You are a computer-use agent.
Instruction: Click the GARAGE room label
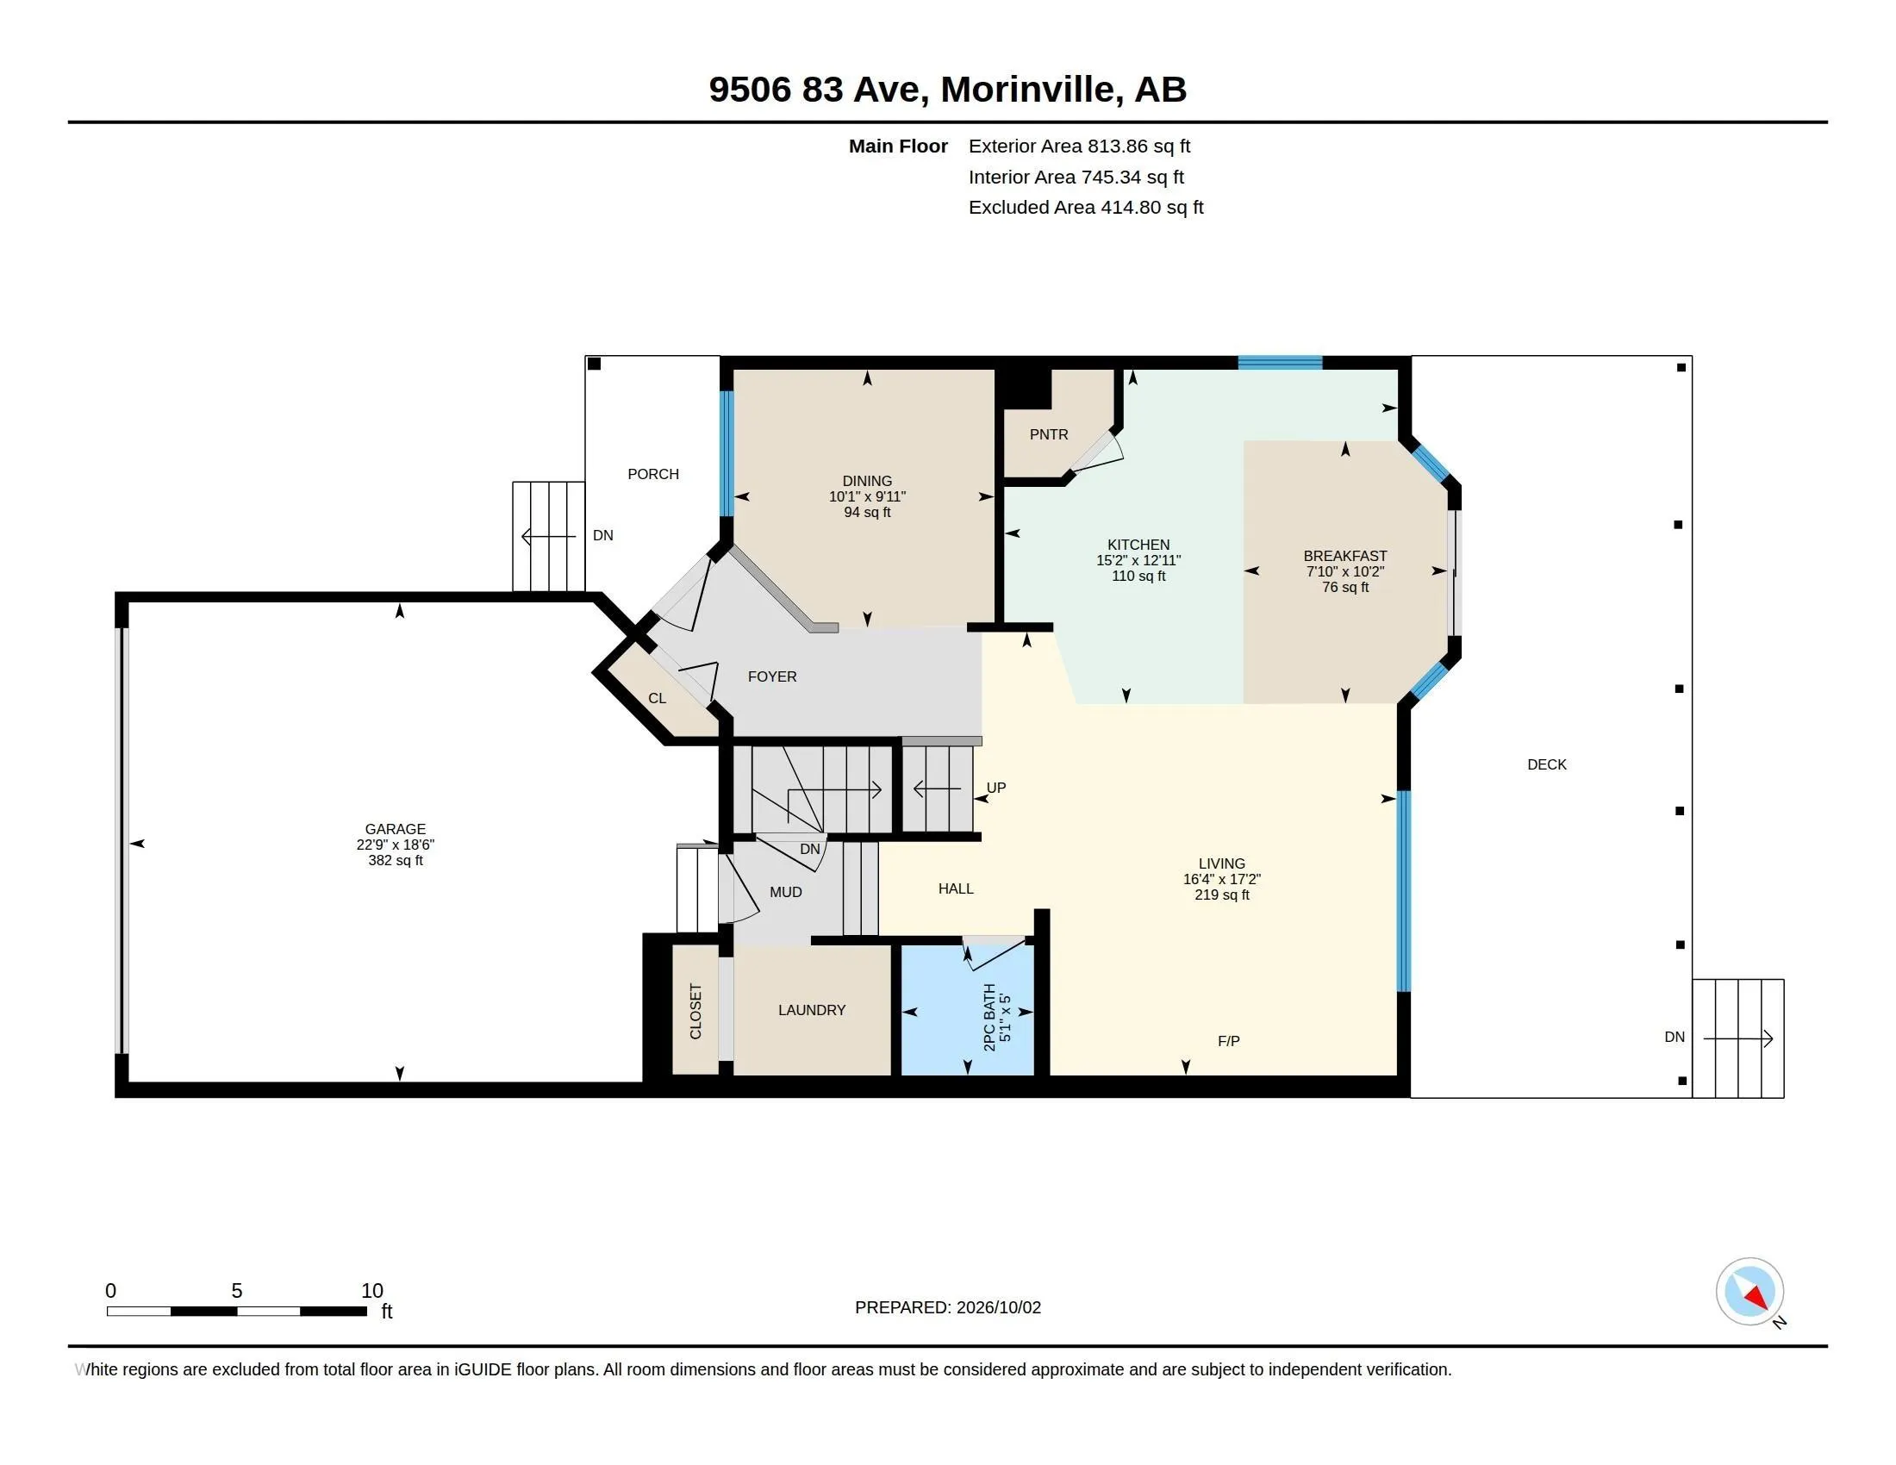coord(395,829)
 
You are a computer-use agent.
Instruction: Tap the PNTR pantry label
coord(1049,434)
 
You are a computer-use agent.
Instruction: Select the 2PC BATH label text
coord(989,1018)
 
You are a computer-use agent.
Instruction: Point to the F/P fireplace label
coord(1228,1041)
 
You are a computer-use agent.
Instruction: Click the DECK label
coord(1547,764)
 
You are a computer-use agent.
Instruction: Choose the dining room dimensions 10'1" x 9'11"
coord(867,496)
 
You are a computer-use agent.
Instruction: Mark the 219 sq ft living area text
coord(1221,895)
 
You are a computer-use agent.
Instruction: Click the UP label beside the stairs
coord(995,788)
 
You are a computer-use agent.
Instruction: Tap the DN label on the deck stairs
coord(1675,1037)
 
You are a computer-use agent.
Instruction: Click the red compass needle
coord(1757,1298)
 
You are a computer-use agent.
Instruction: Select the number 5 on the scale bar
coord(236,1291)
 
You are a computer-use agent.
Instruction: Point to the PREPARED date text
coord(948,1307)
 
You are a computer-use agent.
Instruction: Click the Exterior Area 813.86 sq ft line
coord(1079,146)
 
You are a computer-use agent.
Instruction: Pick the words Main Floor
coord(898,146)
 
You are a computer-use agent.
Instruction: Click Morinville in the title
coord(1029,90)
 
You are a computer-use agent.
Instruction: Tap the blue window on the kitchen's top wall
coord(1280,363)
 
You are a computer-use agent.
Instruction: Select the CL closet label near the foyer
coord(658,698)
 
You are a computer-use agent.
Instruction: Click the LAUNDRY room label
coord(812,1010)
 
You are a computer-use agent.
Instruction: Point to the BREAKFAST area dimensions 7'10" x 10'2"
coord(1344,571)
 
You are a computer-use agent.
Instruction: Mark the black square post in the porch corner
coord(594,364)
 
